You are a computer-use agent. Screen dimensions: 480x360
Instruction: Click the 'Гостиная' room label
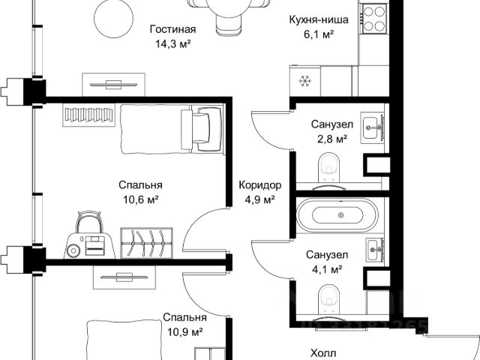(172, 30)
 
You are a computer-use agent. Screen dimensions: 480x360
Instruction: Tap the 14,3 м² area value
(173, 43)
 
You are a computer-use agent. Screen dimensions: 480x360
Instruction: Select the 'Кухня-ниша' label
(319, 19)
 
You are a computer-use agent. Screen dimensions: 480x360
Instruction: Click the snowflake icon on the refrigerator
(304, 81)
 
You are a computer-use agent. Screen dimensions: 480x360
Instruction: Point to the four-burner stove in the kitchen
(374, 19)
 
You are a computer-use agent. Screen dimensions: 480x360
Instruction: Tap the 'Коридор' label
(260, 185)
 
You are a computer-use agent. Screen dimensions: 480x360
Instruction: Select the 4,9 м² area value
(259, 199)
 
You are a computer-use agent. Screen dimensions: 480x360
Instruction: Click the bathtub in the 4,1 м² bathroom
(337, 215)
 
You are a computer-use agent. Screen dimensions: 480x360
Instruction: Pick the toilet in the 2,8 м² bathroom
(329, 168)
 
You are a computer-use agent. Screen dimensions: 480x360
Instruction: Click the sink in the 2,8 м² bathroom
(372, 127)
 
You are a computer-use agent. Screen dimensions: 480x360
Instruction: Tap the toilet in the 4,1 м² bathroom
(329, 299)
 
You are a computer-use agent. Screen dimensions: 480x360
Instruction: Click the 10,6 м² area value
(141, 200)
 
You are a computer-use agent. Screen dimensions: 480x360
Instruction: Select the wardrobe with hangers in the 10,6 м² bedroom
(146, 243)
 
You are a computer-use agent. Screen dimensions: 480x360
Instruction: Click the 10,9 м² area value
(185, 331)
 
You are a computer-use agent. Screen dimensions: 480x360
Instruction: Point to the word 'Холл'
(323, 353)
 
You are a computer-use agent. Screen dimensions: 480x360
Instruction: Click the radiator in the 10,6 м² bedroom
(89, 115)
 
